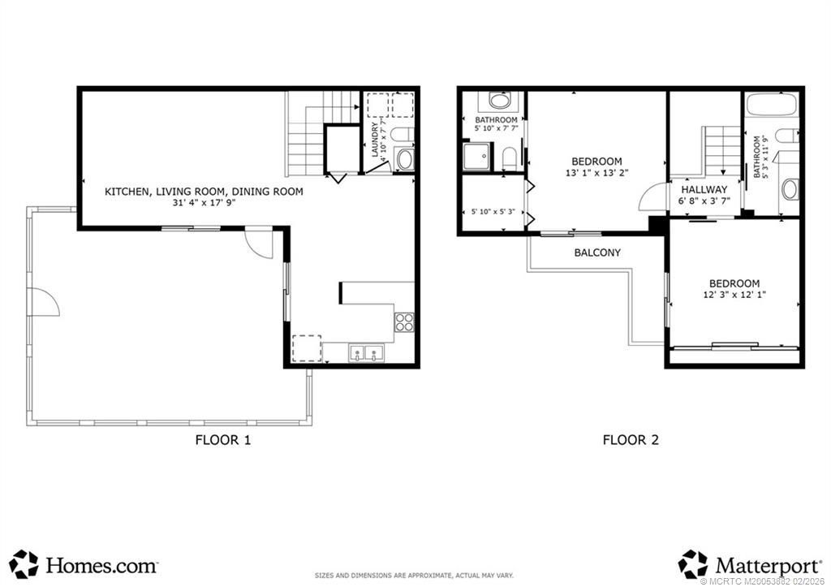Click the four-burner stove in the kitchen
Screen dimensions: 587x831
click(x=404, y=322)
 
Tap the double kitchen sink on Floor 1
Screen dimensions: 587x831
click(x=367, y=353)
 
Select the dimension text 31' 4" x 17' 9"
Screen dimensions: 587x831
click(x=204, y=205)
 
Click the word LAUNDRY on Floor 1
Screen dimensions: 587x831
click(x=375, y=139)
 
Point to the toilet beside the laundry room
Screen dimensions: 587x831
click(x=403, y=135)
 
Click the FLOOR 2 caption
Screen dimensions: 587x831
click(x=630, y=441)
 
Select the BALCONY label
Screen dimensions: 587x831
click(x=597, y=252)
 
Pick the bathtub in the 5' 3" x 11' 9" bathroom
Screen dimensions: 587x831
click(x=772, y=105)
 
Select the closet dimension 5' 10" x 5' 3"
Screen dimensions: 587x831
click(x=493, y=213)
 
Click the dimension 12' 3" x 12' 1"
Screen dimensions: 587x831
click(x=734, y=296)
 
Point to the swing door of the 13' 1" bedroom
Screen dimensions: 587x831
click(x=652, y=197)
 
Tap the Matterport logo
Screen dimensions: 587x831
click(x=747, y=563)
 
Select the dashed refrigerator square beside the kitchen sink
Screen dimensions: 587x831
click(x=306, y=348)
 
